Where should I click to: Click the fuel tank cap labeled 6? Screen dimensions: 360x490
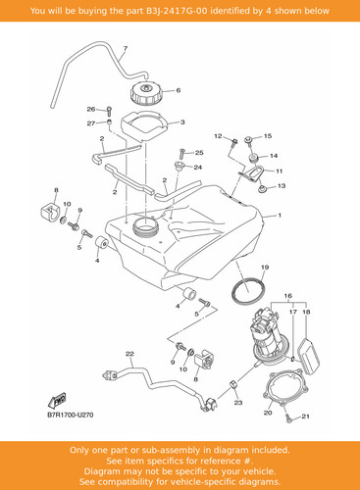[146, 93]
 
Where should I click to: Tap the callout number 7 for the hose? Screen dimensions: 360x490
[126, 49]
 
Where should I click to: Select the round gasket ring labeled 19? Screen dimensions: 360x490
[248, 291]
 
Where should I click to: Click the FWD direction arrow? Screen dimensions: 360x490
[58, 400]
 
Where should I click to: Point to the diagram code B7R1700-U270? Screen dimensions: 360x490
[71, 415]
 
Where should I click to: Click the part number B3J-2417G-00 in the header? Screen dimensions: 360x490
[177, 11]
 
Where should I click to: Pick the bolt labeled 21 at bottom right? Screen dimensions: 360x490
[288, 418]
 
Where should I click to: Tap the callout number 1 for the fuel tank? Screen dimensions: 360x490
[280, 216]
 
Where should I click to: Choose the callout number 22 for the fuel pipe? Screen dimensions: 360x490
[129, 354]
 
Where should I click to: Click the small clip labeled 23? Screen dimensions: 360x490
[234, 384]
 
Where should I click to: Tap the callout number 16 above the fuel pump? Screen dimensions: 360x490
[288, 296]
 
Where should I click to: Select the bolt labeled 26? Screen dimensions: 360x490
[109, 111]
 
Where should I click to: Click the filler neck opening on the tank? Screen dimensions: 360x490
[145, 226]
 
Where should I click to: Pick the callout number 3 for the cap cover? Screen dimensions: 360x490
[182, 122]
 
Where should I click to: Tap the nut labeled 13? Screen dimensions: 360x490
[262, 189]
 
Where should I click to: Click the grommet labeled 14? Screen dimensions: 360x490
[254, 158]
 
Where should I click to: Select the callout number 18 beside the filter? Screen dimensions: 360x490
[306, 312]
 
